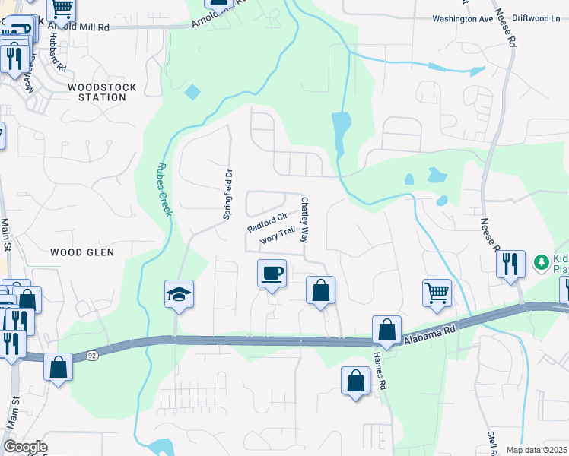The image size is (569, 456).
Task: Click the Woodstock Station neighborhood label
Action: pos(102,93)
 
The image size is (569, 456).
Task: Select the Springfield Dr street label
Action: pos(227,195)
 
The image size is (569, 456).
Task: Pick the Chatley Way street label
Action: pos(304,220)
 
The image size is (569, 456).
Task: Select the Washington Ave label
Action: pos(463,18)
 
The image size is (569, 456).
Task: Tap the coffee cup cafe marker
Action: pos(272,273)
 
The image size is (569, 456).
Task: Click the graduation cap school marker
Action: pos(180,294)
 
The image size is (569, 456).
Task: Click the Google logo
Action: pos(25,447)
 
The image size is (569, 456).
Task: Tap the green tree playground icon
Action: pos(542,262)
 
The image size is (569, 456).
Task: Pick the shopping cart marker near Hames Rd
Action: pos(437,293)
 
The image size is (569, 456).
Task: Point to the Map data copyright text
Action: pos(536,450)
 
